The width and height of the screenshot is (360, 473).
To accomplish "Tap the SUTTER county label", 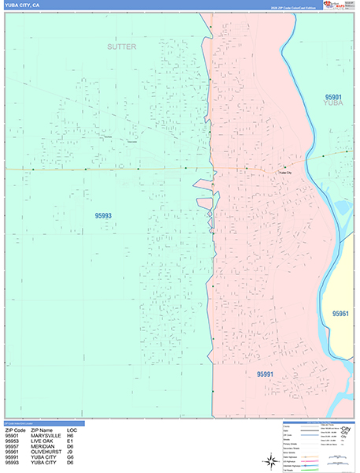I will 122,47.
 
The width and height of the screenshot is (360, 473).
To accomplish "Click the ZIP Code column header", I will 15,430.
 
